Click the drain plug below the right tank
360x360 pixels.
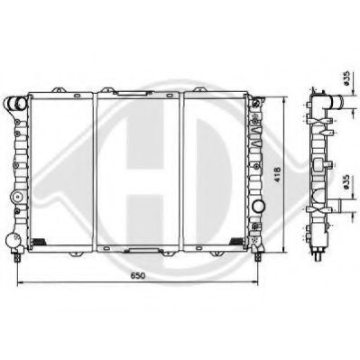click(x=261, y=256)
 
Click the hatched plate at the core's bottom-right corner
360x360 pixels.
click(x=238, y=239)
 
